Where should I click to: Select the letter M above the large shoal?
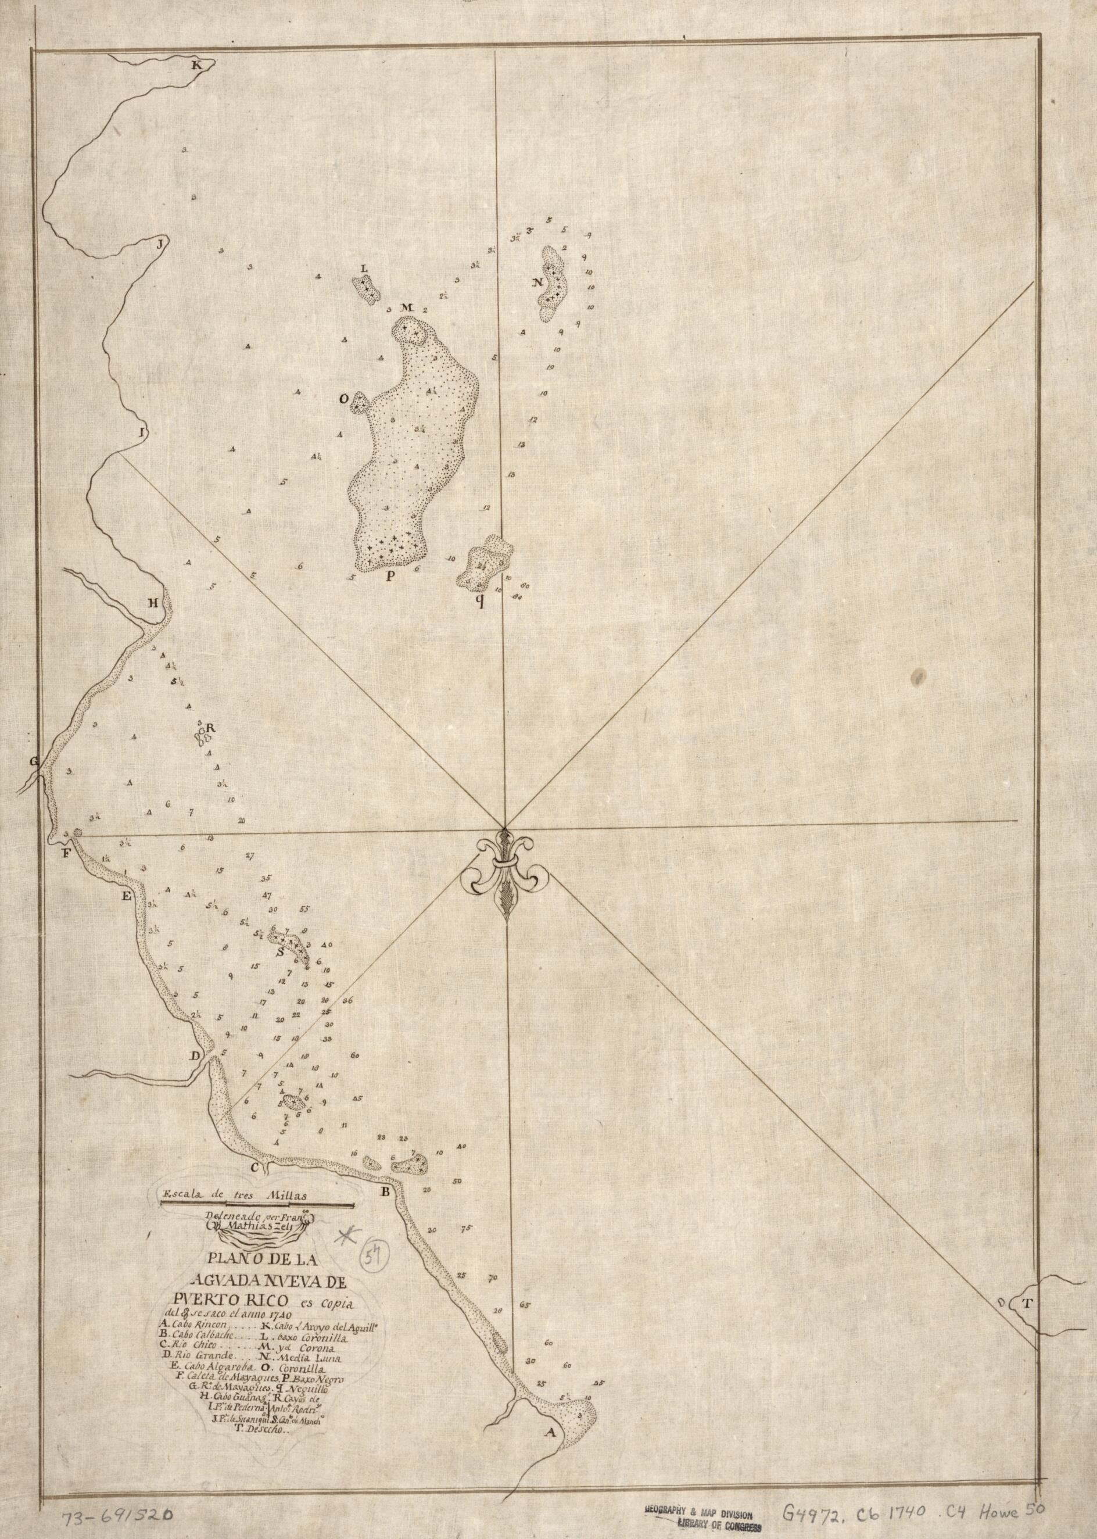(x=406, y=308)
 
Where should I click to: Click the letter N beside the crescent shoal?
(x=537, y=282)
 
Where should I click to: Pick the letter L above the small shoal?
(x=365, y=268)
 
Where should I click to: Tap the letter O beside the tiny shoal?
(x=344, y=399)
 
